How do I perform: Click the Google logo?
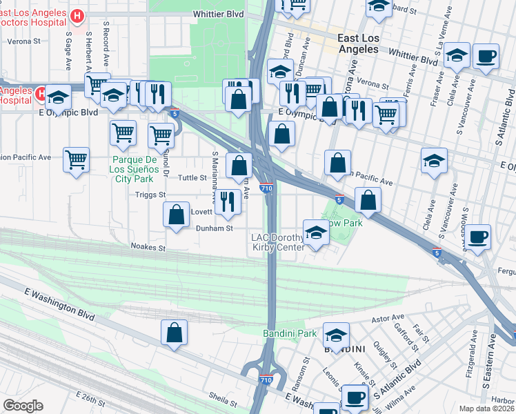[x=23, y=405]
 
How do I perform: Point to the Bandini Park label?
[x=290, y=334]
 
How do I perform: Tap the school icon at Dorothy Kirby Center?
[x=316, y=233]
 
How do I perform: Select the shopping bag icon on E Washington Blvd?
[x=175, y=333]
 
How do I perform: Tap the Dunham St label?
[x=215, y=228]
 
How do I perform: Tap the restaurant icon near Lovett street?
[x=228, y=201]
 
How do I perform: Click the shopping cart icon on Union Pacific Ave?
[x=76, y=160]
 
